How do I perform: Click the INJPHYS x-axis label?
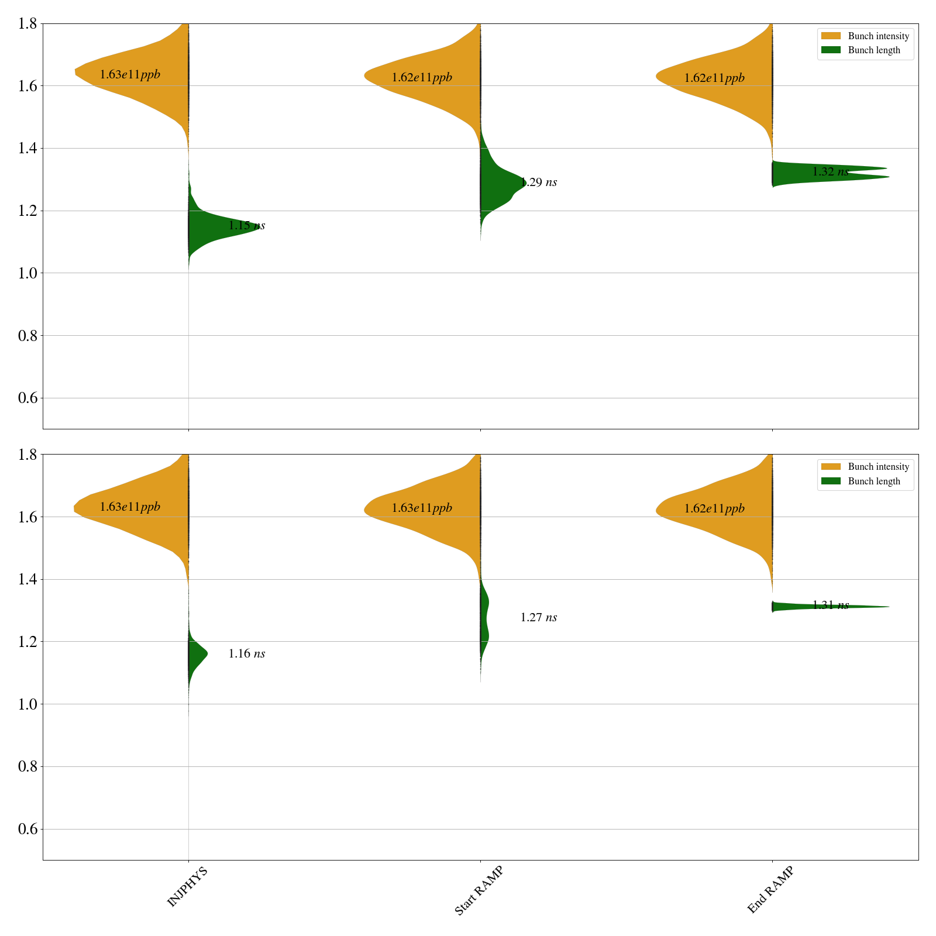tap(187, 887)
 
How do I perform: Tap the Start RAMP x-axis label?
tap(479, 890)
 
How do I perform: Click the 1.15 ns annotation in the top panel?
tap(246, 226)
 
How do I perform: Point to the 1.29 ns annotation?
tap(538, 183)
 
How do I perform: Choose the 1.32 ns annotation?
tap(830, 172)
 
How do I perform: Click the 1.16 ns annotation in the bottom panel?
tap(246, 654)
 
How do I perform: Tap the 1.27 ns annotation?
tap(538, 618)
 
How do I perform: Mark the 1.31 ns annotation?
tap(830, 605)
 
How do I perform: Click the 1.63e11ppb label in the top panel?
tap(129, 75)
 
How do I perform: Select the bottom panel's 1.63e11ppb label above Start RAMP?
tap(421, 508)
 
